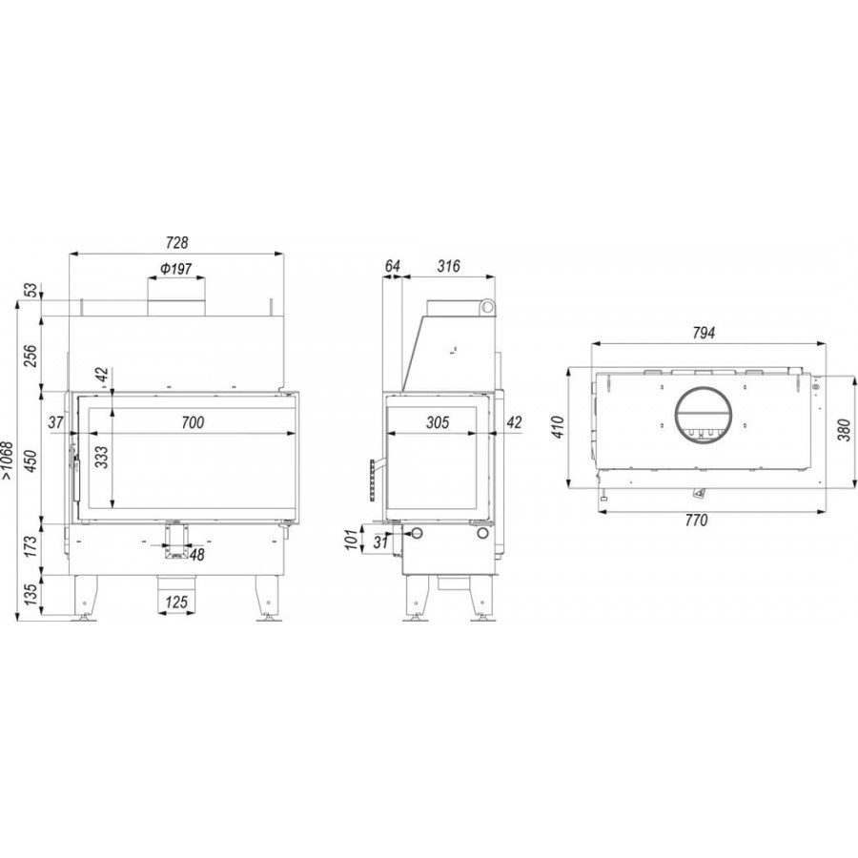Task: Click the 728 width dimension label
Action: [176, 242]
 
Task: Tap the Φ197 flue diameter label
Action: [176, 269]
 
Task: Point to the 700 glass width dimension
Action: [193, 422]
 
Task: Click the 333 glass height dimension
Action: [101, 458]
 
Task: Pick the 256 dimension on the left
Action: [31, 357]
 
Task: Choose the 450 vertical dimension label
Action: [31, 460]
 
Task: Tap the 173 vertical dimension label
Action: [31, 546]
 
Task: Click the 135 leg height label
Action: [31, 595]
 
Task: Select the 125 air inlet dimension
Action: [176, 603]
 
